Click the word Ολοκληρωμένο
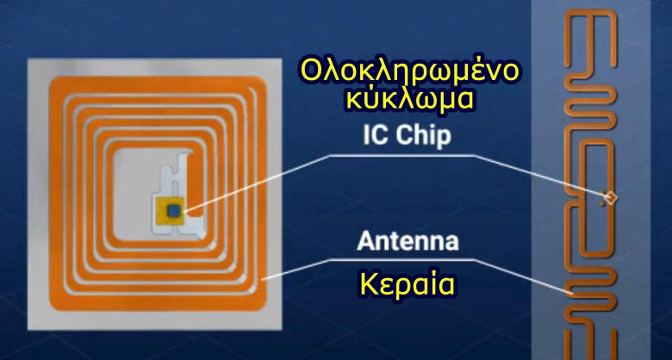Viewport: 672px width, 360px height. [408, 72]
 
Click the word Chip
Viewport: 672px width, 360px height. [423, 136]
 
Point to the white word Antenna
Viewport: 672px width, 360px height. [408, 241]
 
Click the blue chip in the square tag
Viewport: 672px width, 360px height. [174, 209]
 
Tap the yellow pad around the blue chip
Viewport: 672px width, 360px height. [170, 210]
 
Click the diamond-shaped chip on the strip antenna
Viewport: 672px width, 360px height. [610, 197]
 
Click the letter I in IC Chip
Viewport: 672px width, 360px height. [365, 135]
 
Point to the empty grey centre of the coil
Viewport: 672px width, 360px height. [133, 193]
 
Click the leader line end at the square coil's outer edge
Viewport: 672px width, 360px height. [262, 279]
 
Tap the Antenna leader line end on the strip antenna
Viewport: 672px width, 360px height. [573, 294]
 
